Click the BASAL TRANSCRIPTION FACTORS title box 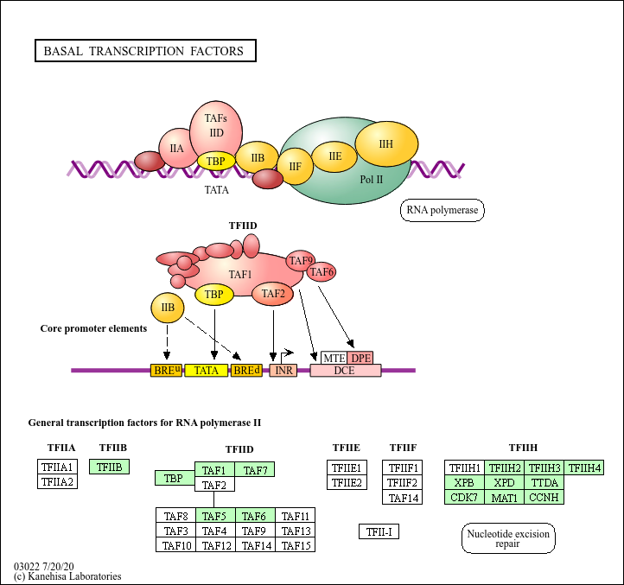(x=144, y=51)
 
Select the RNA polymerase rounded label (x=443, y=210)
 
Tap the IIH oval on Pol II (x=386, y=144)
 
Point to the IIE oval (x=334, y=156)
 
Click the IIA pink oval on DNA (x=177, y=149)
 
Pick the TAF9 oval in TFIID (x=301, y=260)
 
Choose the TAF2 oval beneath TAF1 (x=273, y=294)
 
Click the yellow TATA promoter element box (x=207, y=370)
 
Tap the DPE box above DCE (x=360, y=358)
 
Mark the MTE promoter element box (x=334, y=358)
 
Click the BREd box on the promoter (x=246, y=370)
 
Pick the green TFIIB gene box (x=110, y=467)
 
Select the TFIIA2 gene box (x=58, y=481)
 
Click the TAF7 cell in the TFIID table (x=255, y=470)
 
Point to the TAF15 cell (x=296, y=545)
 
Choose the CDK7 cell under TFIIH (x=464, y=497)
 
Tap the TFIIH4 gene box (x=584, y=468)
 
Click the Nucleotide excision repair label (x=508, y=539)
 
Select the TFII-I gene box (x=379, y=531)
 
